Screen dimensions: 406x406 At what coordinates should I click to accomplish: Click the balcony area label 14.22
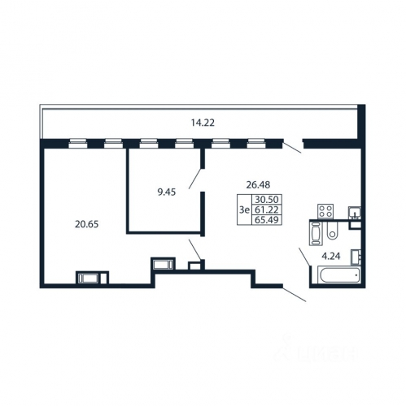pyautogui.click(x=202, y=123)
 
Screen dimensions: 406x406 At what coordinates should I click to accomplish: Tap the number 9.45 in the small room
pyautogui.click(x=167, y=192)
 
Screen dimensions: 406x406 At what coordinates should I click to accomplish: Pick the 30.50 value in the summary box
pyautogui.click(x=265, y=199)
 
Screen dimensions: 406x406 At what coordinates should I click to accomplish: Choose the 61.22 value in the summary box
pyautogui.click(x=265, y=209)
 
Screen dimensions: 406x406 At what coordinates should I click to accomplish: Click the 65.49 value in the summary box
pyautogui.click(x=265, y=219)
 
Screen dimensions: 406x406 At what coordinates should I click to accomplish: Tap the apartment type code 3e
pyautogui.click(x=243, y=209)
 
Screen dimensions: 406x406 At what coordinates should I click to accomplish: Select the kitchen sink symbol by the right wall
pyautogui.click(x=355, y=214)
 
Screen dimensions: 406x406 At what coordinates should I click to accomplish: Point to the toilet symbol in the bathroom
pyautogui.click(x=331, y=233)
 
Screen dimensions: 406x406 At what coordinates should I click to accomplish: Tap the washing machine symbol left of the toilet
pyautogui.click(x=316, y=234)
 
